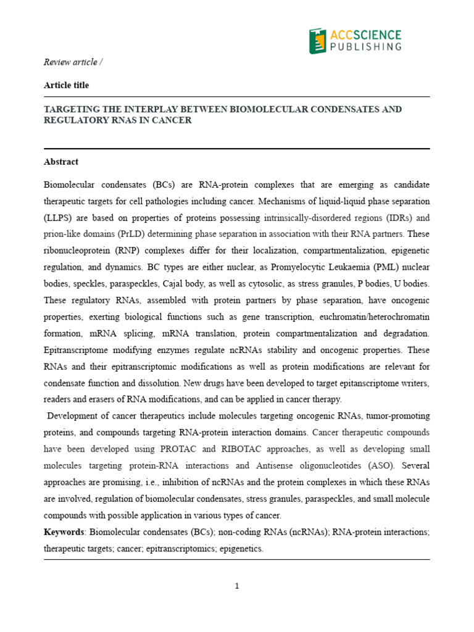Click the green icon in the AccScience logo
pyautogui.click(x=317, y=41)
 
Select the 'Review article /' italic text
pyautogui.click(x=70, y=62)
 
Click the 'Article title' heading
pyautogui.click(x=66, y=85)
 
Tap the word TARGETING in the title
pyautogui.click(x=70, y=109)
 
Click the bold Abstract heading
pyautogui.click(x=61, y=162)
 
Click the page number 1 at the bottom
pyautogui.click(x=237, y=586)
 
